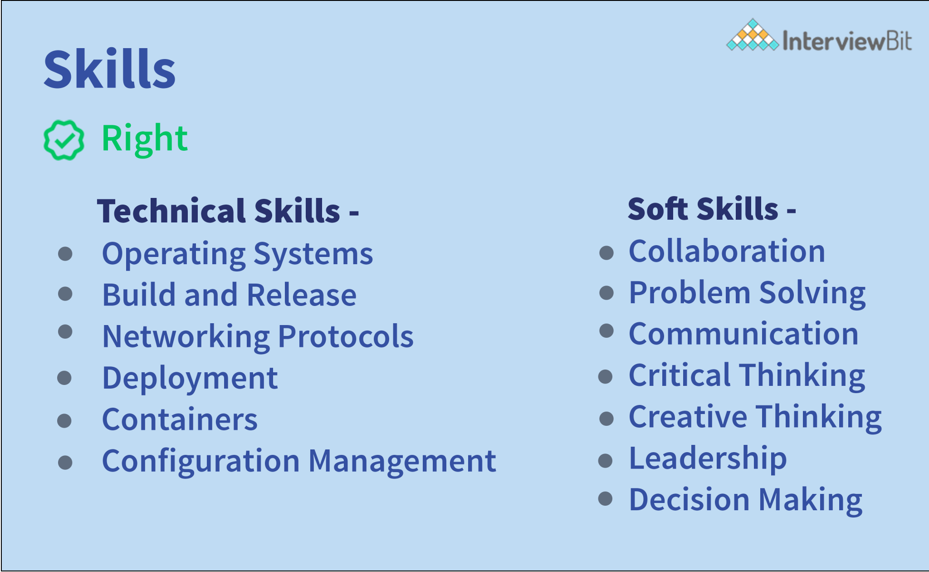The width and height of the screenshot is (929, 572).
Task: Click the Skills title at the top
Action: point(109,69)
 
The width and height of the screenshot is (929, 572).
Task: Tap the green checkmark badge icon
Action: point(64,140)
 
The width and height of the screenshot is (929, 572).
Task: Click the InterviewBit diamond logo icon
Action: point(752,35)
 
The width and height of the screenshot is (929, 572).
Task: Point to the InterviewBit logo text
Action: point(847,41)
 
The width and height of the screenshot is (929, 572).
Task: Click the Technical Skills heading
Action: point(228,211)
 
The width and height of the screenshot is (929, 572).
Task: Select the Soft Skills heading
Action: point(711,209)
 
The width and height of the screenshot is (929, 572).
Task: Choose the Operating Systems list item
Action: point(237,254)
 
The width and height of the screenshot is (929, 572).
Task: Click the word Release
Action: point(302,295)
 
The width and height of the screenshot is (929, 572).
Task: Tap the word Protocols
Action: point(345,336)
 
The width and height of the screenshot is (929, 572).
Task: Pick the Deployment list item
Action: point(190,378)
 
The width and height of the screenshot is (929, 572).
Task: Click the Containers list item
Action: point(180,419)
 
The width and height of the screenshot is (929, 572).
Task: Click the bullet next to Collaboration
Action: point(606,253)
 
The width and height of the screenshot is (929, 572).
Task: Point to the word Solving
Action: point(812,293)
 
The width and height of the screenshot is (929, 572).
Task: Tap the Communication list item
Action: point(743,334)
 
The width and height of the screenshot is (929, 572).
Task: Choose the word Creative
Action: point(688,417)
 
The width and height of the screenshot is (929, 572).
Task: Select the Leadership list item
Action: point(708,459)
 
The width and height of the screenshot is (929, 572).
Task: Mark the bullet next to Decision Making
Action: point(606,499)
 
